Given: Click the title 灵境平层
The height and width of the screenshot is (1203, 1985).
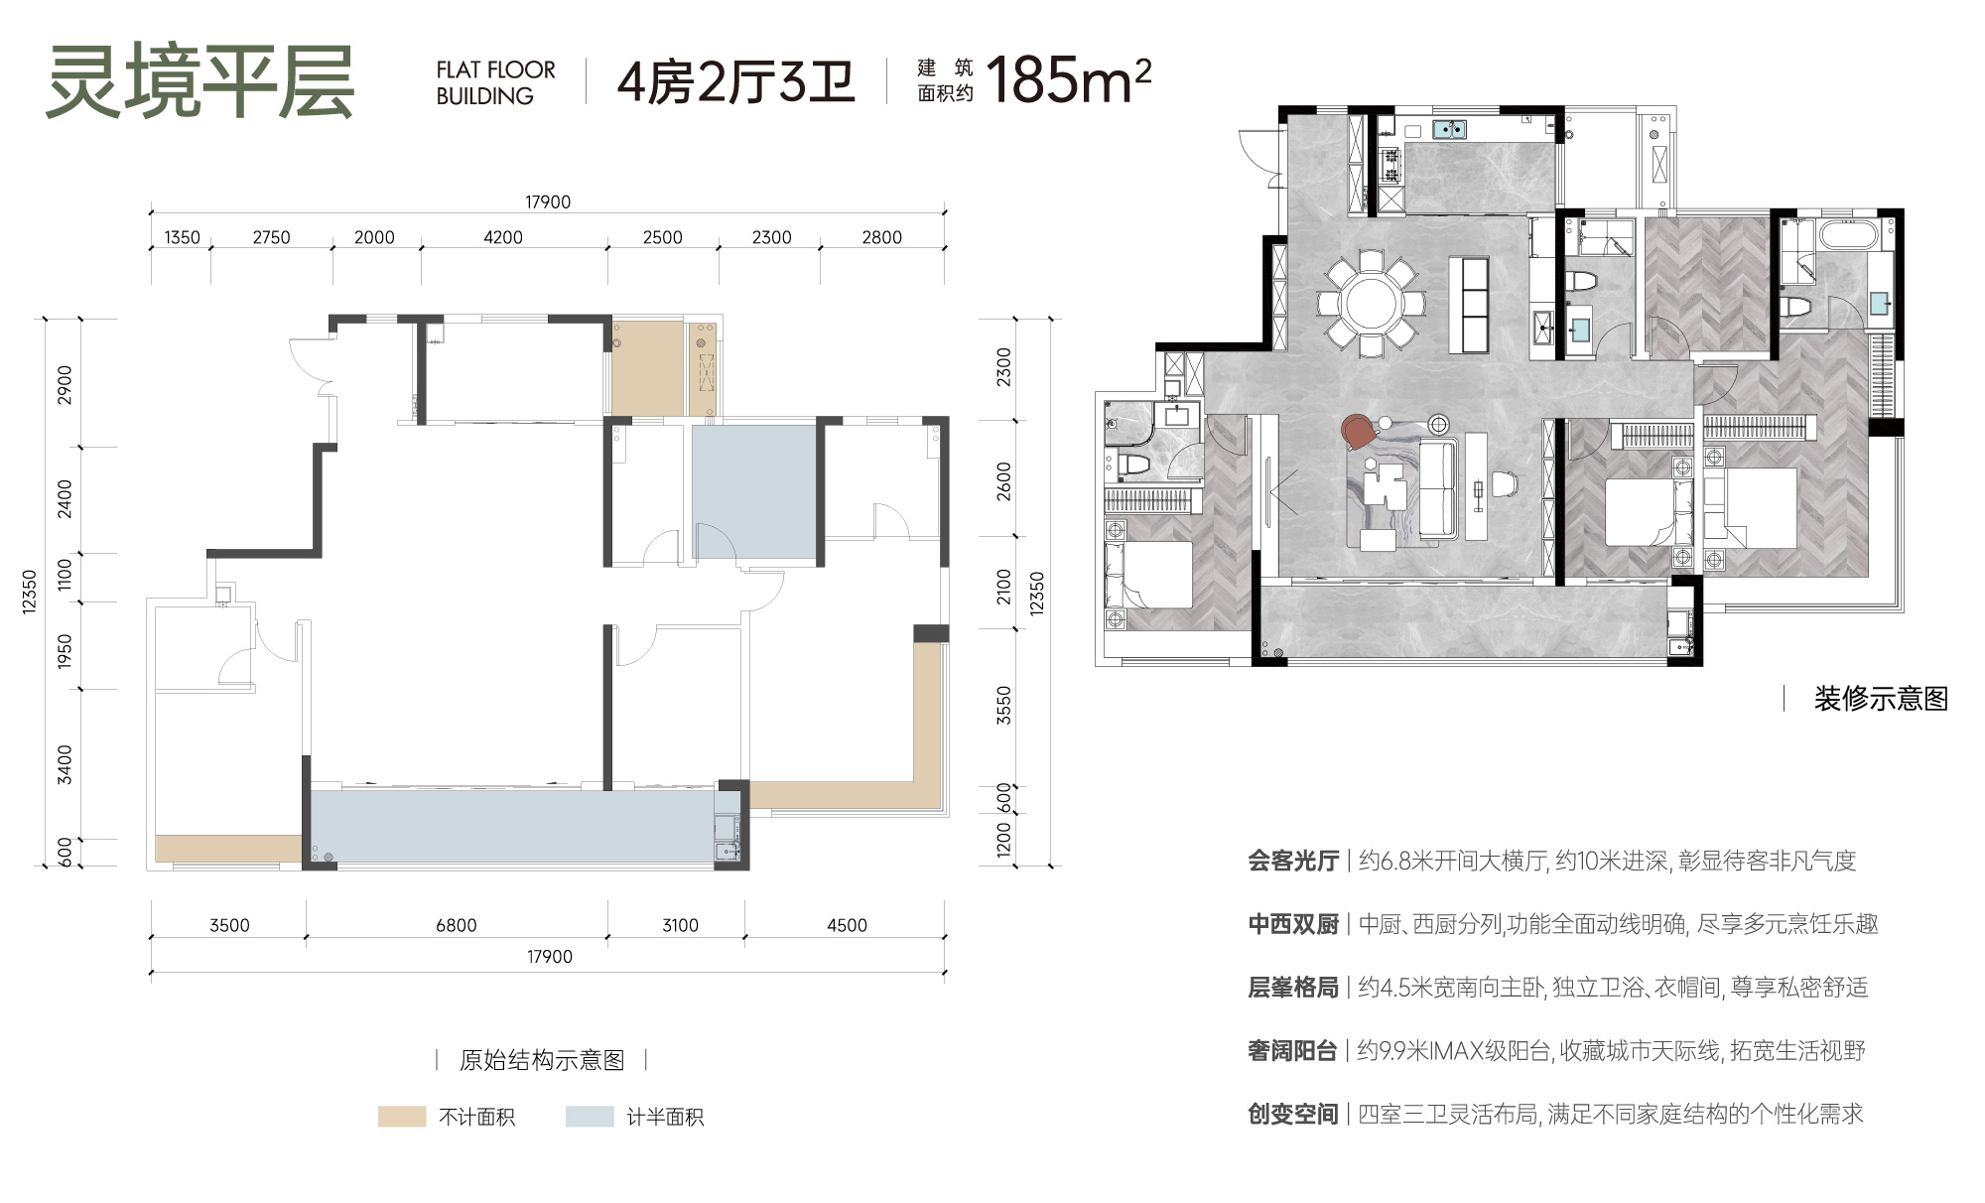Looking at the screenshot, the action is [x=200, y=82].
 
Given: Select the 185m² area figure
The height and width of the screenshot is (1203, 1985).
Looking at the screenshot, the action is [x=1068, y=79].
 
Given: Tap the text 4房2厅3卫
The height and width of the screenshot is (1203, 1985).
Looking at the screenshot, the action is [x=735, y=81].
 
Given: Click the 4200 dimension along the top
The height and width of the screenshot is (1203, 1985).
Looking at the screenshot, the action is [x=503, y=237].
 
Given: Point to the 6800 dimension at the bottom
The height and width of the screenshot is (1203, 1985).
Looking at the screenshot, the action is [x=457, y=925].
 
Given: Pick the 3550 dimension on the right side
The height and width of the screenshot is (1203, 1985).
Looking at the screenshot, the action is [x=1003, y=705].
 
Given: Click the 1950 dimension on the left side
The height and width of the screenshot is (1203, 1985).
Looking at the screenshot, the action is [x=65, y=651].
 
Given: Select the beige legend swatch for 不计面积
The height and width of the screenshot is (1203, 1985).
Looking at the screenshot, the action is [x=402, y=1117].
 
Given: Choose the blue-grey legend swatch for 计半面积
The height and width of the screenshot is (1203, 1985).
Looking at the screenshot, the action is [x=590, y=1117].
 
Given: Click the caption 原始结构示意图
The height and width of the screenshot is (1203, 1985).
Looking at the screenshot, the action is [x=542, y=1060].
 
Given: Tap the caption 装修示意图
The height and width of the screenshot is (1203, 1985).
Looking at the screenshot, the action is [x=1881, y=699].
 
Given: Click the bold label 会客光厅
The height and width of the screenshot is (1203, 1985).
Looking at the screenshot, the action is [x=1293, y=861].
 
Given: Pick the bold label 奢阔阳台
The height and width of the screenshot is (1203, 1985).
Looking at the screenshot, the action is [x=1292, y=1050].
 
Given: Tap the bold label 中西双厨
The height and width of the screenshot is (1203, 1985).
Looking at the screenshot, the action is [x=1293, y=924].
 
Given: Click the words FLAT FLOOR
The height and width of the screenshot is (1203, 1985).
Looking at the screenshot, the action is [x=496, y=69].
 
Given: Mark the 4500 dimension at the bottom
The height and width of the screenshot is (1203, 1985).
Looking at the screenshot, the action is [x=847, y=925].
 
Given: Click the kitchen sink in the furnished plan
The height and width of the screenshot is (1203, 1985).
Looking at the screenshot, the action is [x=1450, y=129].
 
